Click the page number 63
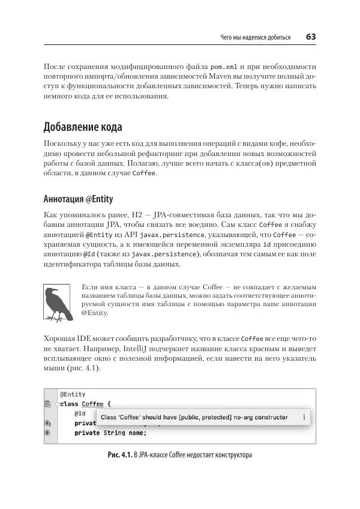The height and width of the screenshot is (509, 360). [x=311, y=37]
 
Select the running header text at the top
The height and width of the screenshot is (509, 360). [x=256, y=37]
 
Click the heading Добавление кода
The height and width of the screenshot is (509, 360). [x=83, y=127]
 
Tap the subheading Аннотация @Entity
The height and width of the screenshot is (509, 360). [x=78, y=199]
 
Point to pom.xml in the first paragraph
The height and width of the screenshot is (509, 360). [x=224, y=66]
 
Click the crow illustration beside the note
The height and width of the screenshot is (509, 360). [x=58, y=303]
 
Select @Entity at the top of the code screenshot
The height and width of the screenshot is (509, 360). [x=73, y=394]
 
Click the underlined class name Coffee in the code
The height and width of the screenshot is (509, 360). [x=92, y=404]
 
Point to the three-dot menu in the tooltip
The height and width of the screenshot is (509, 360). [x=304, y=417]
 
